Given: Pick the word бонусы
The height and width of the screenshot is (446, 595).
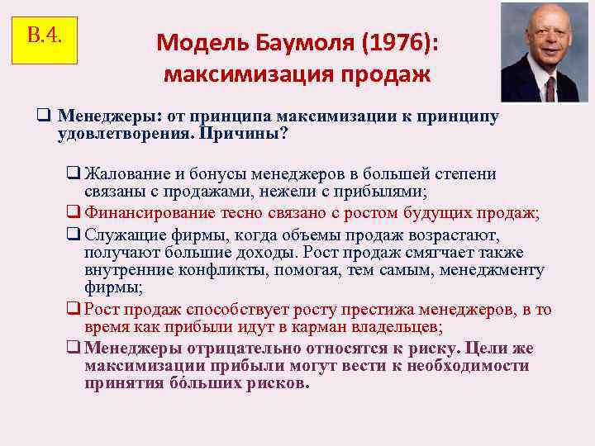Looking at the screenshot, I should [210, 175].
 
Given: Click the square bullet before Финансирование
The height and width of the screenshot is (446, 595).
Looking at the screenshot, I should [74, 213].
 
